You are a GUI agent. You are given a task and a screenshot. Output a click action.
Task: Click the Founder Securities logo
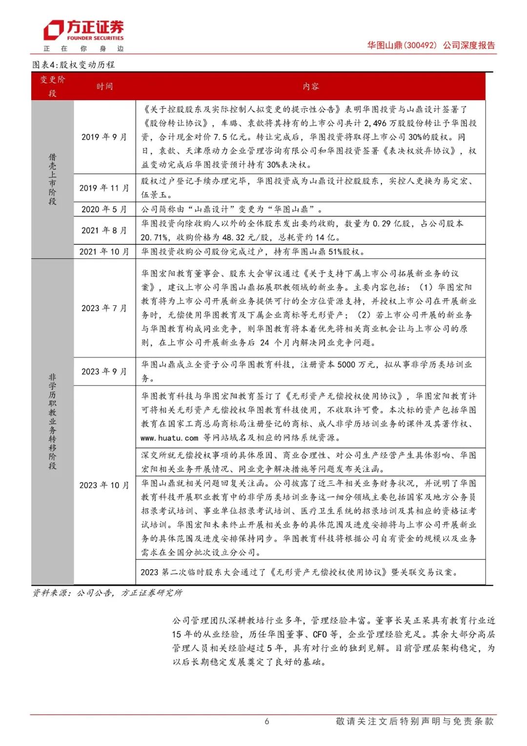83,31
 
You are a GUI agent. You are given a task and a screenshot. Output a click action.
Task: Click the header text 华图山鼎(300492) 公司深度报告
431,45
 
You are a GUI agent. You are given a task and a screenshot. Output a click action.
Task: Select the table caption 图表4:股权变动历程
74,65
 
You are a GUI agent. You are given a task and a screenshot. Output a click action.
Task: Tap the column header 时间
104,86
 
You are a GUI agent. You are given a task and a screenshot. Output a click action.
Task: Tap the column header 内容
310,86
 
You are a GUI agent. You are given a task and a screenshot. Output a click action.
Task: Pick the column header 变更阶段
53,86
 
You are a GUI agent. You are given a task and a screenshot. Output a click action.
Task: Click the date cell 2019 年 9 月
104,137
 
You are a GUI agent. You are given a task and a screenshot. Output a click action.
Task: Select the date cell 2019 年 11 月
104,188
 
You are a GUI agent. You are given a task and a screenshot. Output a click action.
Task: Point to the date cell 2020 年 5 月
104,210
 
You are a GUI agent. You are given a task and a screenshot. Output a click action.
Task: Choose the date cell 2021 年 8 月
104,231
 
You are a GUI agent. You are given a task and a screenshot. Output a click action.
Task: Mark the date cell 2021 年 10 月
104,252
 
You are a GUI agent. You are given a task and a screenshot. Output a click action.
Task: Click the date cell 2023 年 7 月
104,308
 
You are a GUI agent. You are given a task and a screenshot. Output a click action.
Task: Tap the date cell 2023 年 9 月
104,372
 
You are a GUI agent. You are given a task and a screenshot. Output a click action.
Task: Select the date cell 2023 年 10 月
104,485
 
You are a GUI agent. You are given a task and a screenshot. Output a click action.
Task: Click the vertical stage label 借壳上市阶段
52,179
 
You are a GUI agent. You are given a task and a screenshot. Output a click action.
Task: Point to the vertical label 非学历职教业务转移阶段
52,421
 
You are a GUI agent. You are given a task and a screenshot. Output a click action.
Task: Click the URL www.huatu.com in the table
169,438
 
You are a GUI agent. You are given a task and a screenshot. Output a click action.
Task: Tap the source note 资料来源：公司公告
107,593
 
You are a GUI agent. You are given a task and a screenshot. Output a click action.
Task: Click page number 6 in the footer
267,721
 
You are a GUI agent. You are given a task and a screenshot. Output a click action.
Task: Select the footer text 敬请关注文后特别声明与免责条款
414,721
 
